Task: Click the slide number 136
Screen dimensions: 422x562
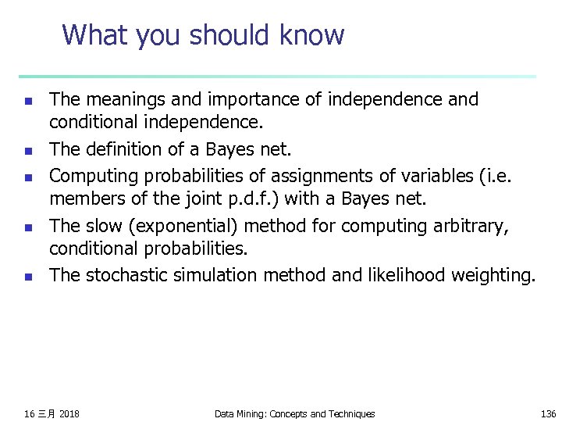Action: pyautogui.click(x=548, y=413)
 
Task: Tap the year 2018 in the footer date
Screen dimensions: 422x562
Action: pyautogui.click(x=69, y=413)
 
